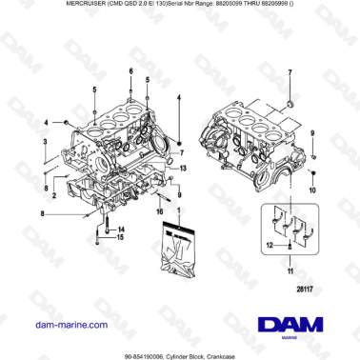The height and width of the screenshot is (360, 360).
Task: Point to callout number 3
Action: point(46,141)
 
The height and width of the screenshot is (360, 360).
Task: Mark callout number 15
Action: point(119,238)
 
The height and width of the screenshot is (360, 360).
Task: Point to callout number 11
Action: point(277,272)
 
